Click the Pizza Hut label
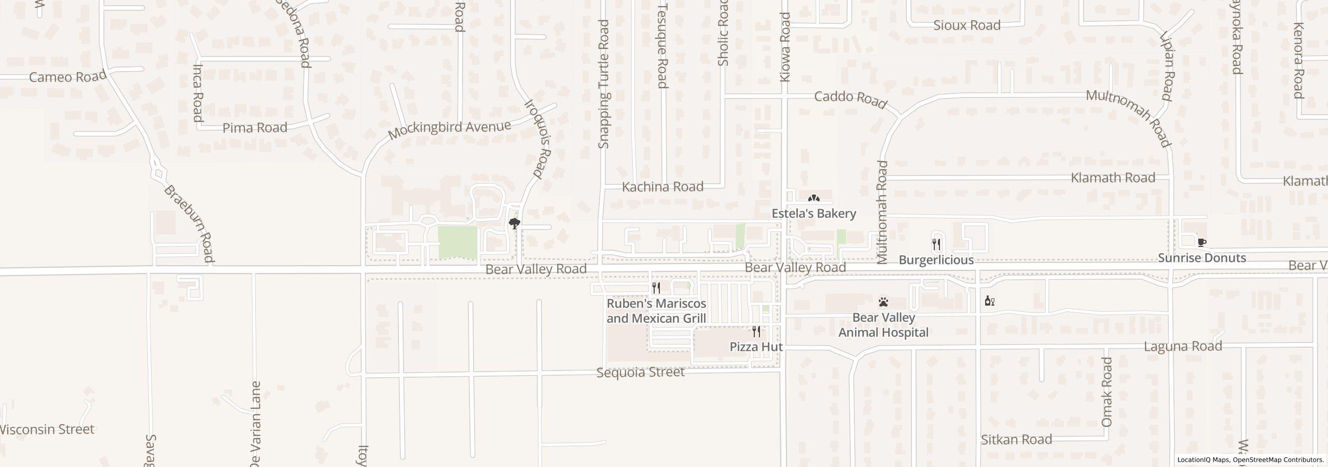click(756, 347)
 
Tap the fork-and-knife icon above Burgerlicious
click(936, 244)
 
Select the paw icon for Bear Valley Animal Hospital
click(883, 301)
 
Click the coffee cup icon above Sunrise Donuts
click(1201, 242)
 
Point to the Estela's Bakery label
click(813, 213)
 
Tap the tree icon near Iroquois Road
click(515, 224)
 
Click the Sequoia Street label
click(640, 373)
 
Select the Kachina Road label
click(662, 187)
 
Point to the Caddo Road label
click(850, 99)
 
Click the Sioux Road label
click(966, 25)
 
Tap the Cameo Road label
click(67, 77)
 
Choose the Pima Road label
click(255, 128)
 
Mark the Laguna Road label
click(1183, 346)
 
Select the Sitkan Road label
click(1016, 439)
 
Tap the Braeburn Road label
click(189, 224)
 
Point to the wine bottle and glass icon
click(989, 301)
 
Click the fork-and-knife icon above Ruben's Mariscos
click(656, 287)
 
